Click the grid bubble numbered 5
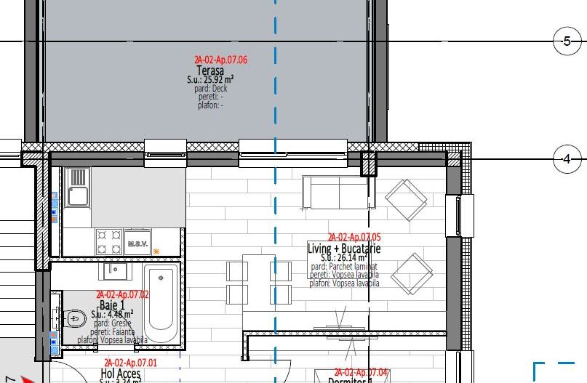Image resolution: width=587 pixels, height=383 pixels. (x=567, y=41)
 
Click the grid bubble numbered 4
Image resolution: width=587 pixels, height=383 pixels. (x=567, y=158)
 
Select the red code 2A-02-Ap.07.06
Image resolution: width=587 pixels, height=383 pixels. (x=220, y=60)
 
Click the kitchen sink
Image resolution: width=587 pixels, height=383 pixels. (x=76, y=187)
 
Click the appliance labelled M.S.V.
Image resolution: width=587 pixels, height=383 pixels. (x=136, y=242)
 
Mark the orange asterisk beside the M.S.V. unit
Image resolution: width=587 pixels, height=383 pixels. (x=156, y=251)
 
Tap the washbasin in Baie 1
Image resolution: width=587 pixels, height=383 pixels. (x=115, y=271)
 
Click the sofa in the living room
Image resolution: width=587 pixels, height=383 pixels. (x=335, y=192)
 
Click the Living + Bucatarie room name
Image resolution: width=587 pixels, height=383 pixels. (x=344, y=249)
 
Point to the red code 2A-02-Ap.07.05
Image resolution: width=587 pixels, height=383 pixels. (x=354, y=238)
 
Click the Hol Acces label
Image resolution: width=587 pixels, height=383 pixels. (x=121, y=374)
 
